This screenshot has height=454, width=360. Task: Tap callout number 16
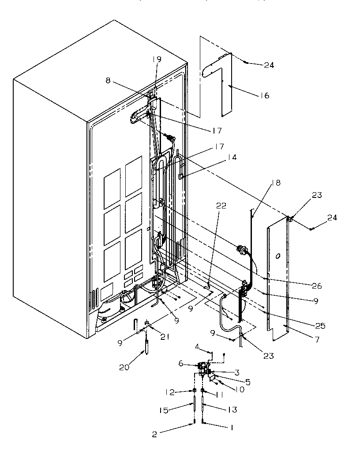click(265, 96)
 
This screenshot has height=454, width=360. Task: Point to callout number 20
click(124, 367)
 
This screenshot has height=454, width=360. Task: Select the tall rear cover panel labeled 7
click(277, 282)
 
